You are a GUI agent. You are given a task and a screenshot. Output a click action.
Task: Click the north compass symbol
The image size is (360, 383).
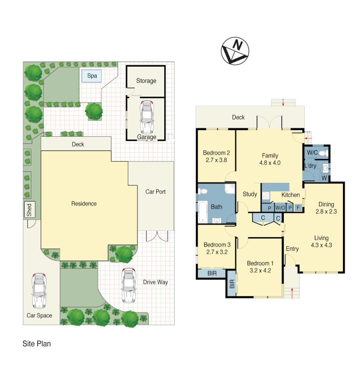tap(235, 51)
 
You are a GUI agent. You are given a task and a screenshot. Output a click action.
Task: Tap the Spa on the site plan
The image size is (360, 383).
tap(92, 76)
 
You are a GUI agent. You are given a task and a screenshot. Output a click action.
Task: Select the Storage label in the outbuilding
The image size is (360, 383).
tap(146, 81)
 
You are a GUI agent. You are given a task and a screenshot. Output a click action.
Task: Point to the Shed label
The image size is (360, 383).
tap(29, 210)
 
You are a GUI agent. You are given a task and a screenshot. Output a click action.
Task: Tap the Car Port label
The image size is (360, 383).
tap(156, 192)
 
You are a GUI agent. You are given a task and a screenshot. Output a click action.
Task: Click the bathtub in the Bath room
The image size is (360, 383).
tap(203, 212)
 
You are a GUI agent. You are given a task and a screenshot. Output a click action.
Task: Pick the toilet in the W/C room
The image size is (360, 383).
tap(322, 154)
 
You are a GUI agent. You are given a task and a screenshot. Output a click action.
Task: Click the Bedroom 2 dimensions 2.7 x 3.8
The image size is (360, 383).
tap(216, 160)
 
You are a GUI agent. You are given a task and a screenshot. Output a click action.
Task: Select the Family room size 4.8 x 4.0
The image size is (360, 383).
tap(270, 163)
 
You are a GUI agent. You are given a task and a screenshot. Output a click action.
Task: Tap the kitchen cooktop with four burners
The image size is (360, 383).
tap(266, 196)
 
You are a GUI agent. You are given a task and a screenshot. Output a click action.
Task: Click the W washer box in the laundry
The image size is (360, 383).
tap(324, 178)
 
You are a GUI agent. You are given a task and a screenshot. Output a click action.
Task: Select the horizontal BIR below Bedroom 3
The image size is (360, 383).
tap(212, 273)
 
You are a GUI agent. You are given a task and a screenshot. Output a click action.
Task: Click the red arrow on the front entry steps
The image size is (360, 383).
tap(292, 293)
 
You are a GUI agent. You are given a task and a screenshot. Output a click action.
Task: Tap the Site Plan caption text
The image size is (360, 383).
tap(37, 344)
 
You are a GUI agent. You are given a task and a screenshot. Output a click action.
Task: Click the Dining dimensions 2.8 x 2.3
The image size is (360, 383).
tap(326, 211)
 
